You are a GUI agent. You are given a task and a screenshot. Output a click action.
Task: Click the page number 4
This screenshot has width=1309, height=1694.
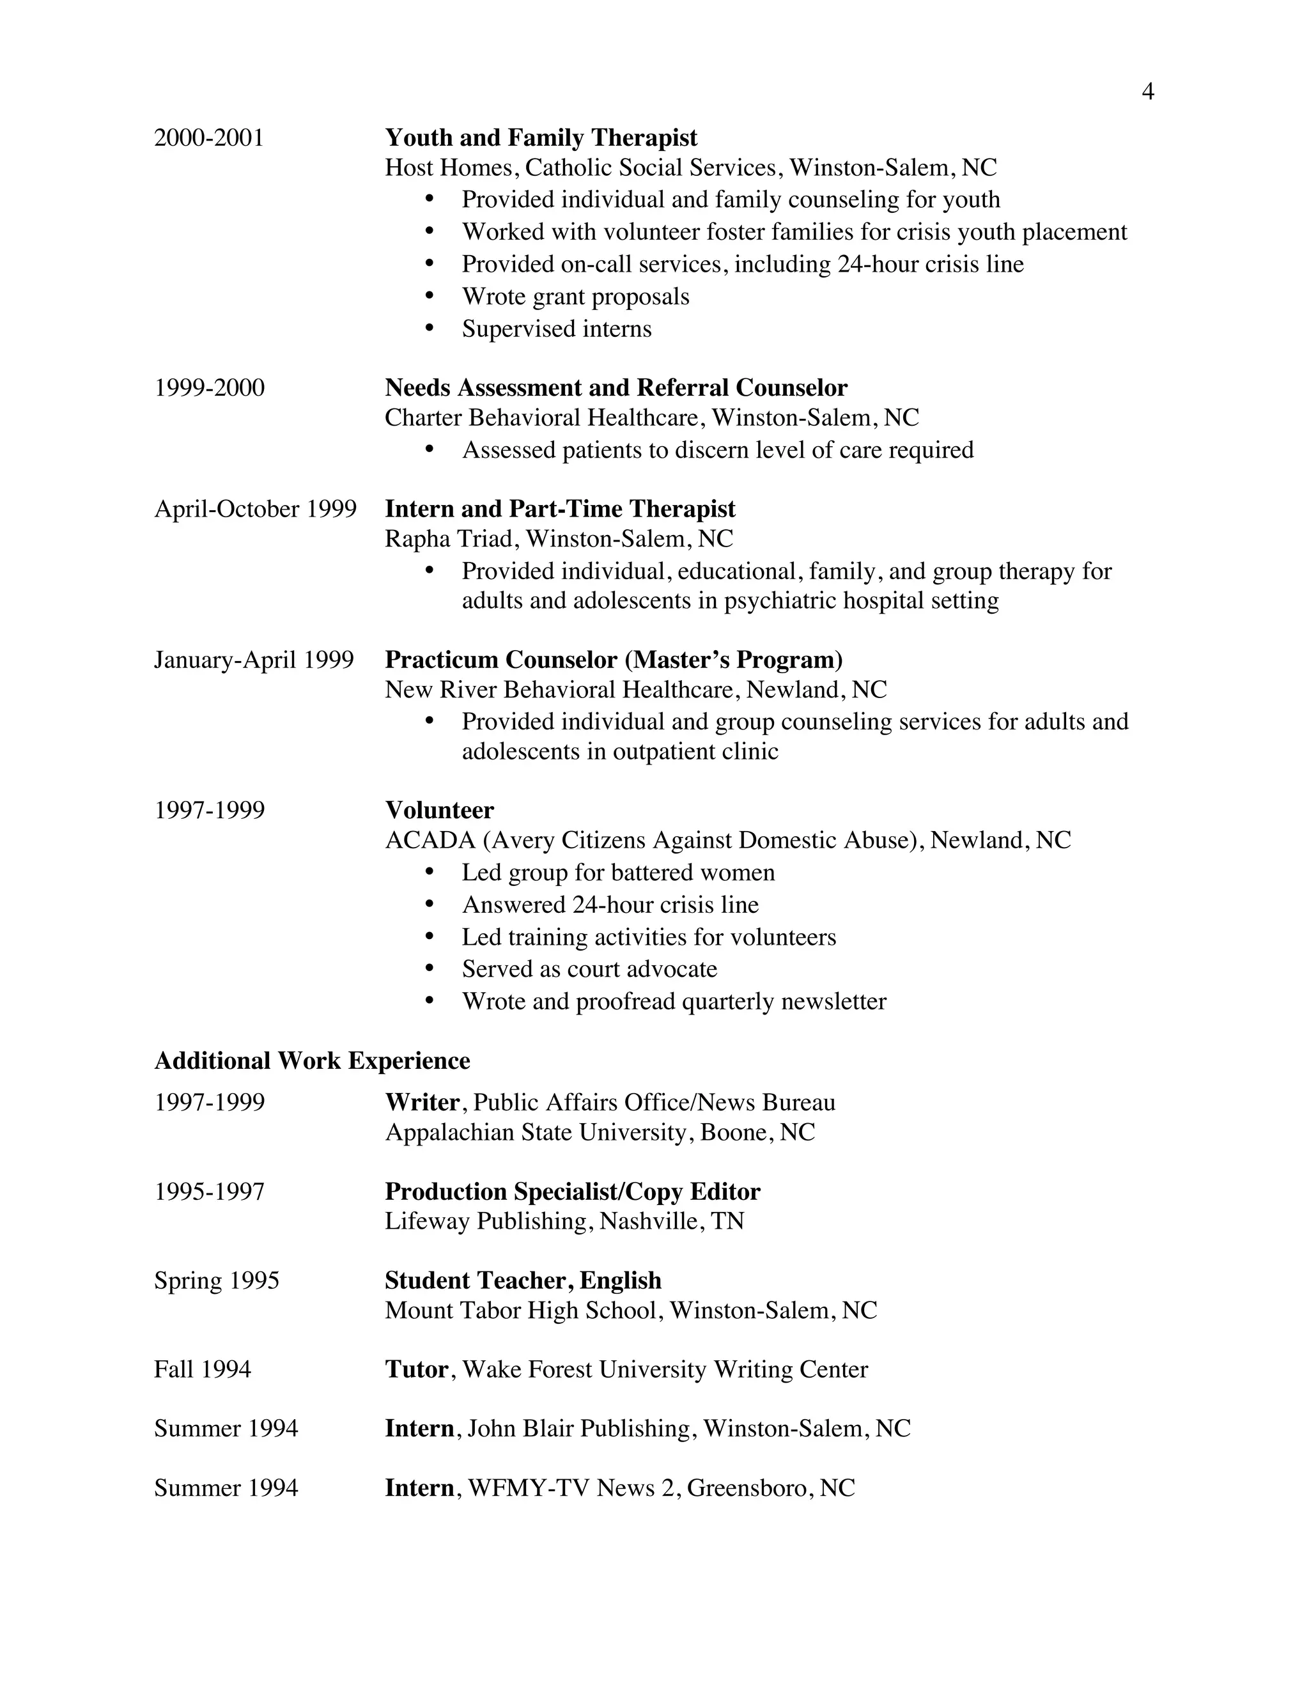(1148, 92)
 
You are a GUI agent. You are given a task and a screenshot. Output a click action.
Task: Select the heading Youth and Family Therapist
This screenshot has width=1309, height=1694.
(541, 138)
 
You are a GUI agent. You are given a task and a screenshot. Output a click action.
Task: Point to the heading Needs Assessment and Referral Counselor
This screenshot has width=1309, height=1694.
(616, 388)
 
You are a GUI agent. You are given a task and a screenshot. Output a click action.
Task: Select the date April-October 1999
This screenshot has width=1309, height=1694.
(255, 509)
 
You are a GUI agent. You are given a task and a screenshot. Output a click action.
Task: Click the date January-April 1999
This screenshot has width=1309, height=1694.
(254, 660)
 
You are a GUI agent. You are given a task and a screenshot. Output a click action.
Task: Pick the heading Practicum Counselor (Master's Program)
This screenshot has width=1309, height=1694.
(614, 660)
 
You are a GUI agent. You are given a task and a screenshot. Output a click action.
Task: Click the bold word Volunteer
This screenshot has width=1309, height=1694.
(439, 811)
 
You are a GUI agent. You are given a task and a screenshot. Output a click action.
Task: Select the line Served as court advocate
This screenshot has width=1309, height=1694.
(589, 970)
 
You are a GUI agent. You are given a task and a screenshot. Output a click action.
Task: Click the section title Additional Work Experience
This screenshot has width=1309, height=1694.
(312, 1061)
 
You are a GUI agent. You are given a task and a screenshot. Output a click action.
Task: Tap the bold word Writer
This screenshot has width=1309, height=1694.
(422, 1103)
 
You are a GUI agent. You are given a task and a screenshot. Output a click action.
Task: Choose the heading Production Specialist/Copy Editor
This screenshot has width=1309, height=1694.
(572, 1192)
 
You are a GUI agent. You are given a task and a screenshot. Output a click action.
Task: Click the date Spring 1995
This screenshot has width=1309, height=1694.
(217, 1280)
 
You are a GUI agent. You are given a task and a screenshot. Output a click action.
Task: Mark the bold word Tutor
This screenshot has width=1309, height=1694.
(417, 1370)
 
